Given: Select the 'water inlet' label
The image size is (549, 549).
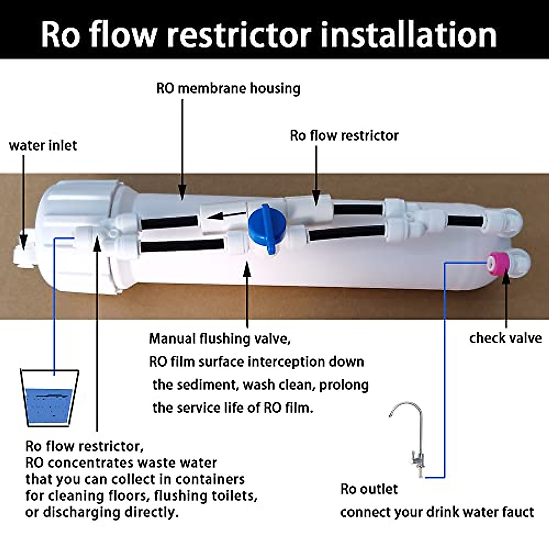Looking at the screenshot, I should [43, 145].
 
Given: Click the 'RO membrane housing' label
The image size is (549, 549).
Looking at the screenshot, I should [228, 88].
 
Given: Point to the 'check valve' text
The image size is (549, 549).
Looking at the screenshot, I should [505, 338].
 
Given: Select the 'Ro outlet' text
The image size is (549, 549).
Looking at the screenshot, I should [369, 489].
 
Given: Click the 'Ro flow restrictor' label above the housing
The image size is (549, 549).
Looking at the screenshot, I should [344, 135].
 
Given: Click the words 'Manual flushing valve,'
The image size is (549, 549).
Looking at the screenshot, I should [220, 339].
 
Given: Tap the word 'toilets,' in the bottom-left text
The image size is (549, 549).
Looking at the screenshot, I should [234, 495].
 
